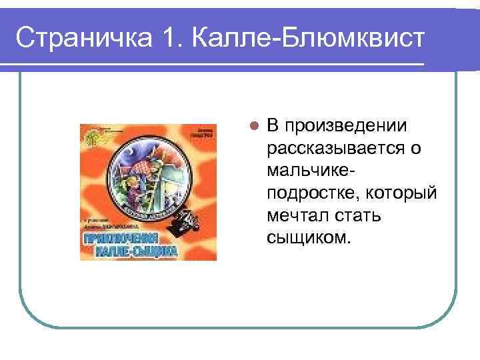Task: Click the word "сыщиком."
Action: (x=307, y=237)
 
